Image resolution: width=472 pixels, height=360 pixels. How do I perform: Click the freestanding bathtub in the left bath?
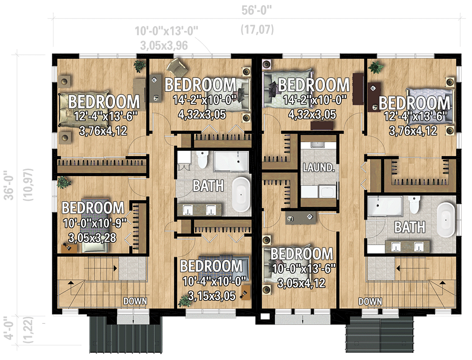click(242, 195)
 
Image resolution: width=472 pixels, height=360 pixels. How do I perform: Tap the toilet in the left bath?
click(202, 159)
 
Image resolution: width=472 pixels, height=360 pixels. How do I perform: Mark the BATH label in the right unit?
click(409, 227)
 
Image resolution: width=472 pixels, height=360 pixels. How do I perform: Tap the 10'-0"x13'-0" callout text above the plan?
click(167, 31)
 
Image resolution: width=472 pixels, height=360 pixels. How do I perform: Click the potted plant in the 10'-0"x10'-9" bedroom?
click(64, 183)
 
